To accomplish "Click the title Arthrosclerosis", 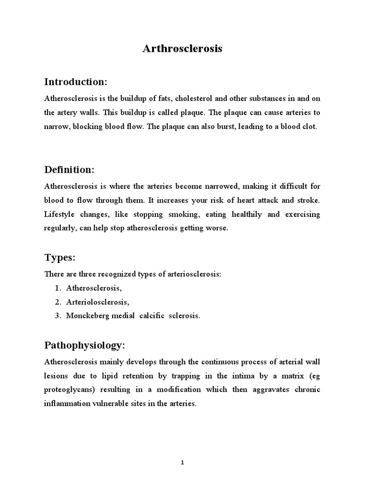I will point(182,49).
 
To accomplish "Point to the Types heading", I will point(60,258).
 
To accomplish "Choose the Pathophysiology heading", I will point(85,345).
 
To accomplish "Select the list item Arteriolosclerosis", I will point(97,302).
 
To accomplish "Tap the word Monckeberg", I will point(84,316).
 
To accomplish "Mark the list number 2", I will point(57,302).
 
